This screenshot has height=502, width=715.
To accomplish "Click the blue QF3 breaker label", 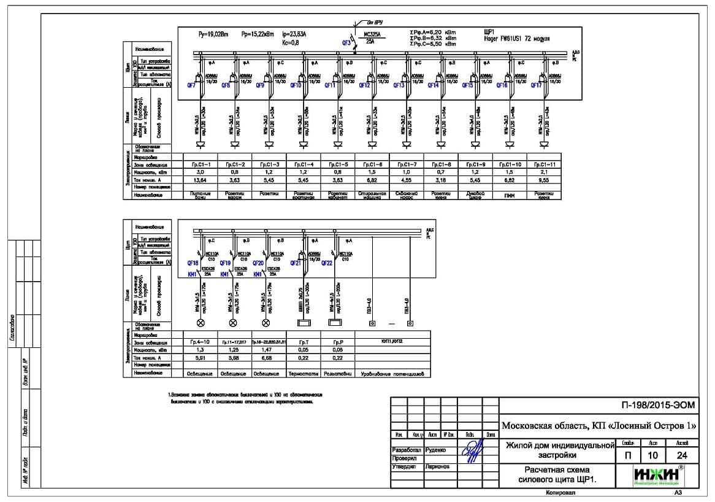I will coord(346,43).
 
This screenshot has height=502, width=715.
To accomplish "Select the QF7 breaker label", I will coord(191,85).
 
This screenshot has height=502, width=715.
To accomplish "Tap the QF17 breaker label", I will coord(536,85).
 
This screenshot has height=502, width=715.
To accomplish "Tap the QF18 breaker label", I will coord(193,263).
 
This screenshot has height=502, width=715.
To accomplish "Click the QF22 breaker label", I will coord(326,263).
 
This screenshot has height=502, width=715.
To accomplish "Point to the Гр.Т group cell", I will coord(302,342).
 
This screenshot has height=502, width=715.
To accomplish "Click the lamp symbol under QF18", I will coord(200,323).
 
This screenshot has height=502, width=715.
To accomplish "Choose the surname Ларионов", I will coord(437,466).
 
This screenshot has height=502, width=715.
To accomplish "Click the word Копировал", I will coord(561,492).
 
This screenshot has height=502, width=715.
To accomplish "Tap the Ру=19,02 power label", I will coord(213,34).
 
